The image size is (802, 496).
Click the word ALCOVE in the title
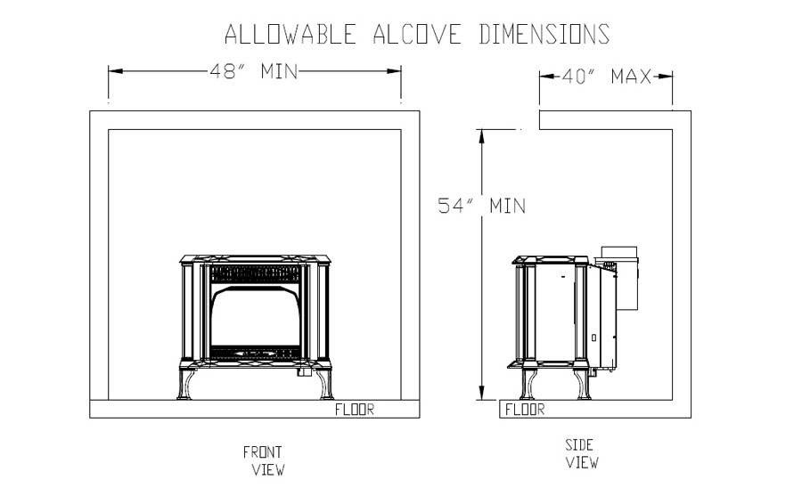pyautogui.click(x=417, y=34)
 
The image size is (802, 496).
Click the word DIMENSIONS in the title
pyautogui.click(x=544, y=34)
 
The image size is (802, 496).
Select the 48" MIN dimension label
pyautogui.click(x=254, y=71)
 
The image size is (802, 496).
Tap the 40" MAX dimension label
pyautogui.click(x=607, y=77)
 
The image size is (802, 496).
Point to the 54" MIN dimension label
pyautogui.click(x=482, y=206)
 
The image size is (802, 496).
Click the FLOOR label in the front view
pyautogui.click(x=355, y=409)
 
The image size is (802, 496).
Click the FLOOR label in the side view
pyautogui.click(x=525, y=409)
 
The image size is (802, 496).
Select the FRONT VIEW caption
pyautogui.click(x=264, y=460)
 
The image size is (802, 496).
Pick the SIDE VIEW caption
pyautogui.click(x=581, y=453)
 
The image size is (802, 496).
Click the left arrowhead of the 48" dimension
pyautogui.click(x=115, y=70)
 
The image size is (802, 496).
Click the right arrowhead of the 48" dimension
pyautogui.click(x=395, y=70)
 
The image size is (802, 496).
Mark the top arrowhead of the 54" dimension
pyautogui.click(x=481, y=136)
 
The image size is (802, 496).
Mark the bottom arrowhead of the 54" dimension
pyautogui.click(x=481, y=393)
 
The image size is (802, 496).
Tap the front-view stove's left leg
pyautogui.click(x=185, y=384)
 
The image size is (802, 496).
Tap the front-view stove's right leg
pyautogui.click(x=325, y=384)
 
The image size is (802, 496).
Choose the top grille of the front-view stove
pyautogui.click(x=255, y=273)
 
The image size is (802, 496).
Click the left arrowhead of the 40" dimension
pyautogui.click(x=547, y=77)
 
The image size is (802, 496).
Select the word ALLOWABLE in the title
pyautogui.click(x=291, y=34)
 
